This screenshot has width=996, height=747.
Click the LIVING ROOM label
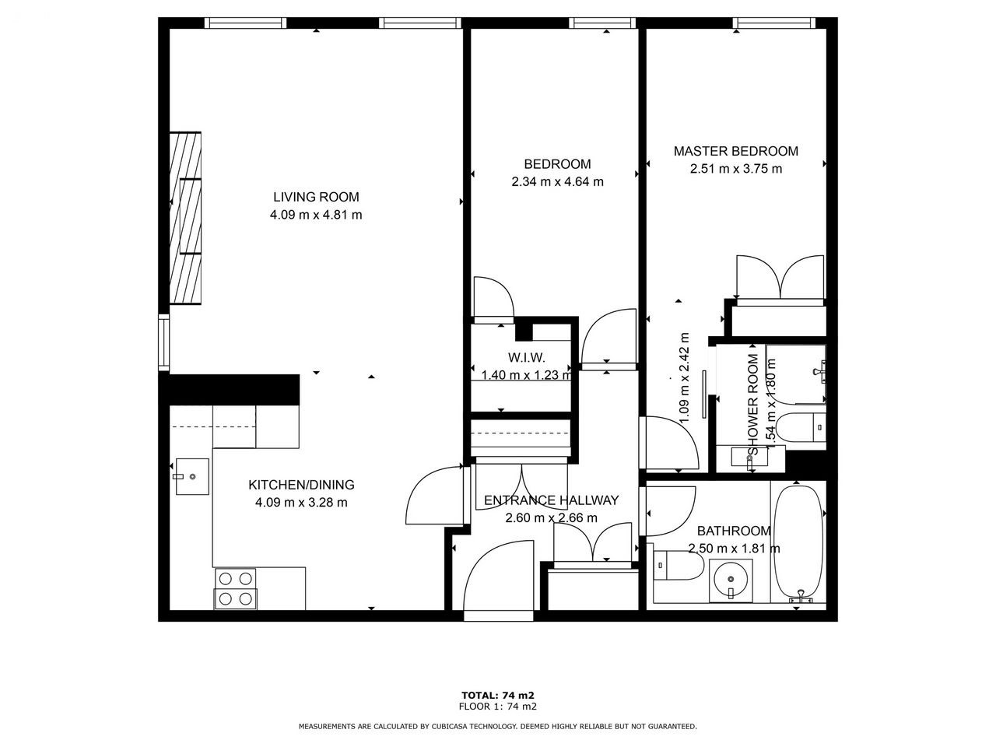pyautogui.click(x=316, y=197)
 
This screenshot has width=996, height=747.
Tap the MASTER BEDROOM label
pyautogui.click(x=735, y=151)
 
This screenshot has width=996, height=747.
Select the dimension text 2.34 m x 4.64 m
pyautogui.click(x=557, y=182)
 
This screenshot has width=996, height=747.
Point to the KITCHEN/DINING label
pyautogui.click(x=301, y=485)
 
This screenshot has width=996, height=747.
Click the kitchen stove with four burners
pyautogui.click(x=236, y=589)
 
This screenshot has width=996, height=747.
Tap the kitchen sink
pyautogui.click(x=192, y=476)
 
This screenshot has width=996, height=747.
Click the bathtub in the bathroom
pyautogui.click(x=798, y=543)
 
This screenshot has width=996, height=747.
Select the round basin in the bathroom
pyautogui.click(x=731, y=580)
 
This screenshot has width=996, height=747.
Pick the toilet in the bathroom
pyautogui.click(x=678, y=565)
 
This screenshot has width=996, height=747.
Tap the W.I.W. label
pyautogui.click(x=526, y=358)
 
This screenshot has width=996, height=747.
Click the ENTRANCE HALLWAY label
pyautogui.click(x=552, y=500)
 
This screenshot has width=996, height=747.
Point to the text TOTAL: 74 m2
pyautogui.click(x=498, y=695)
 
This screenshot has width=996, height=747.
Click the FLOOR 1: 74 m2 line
pyautogui.click(x=498, y=707)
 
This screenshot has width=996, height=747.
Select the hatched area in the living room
pyautogui.click(x=185, y=218)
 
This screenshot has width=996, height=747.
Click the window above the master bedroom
pyautogui.click(x=773, y=23)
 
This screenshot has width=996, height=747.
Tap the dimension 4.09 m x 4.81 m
pyautogui.click(x=316, y=215)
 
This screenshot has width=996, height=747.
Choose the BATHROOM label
pyautogui.click(x=734, y=531)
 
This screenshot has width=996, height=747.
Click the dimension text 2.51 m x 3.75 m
pyautogui.click(x=736, y=169)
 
